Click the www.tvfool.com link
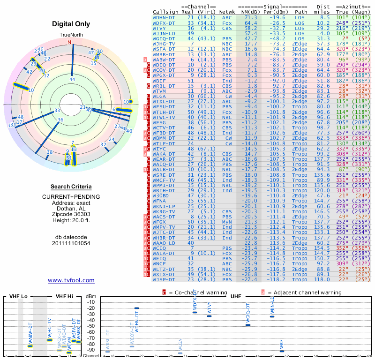click(71, 280)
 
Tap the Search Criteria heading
click(71, 187)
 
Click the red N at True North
click(70, 42)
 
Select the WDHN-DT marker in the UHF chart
click(136, 308)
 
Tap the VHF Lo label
click(18, 296)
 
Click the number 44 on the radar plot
click(72, 80)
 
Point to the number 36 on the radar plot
click(60, 120)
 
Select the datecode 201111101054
click(71, 243)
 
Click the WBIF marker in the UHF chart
click(282, 351)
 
